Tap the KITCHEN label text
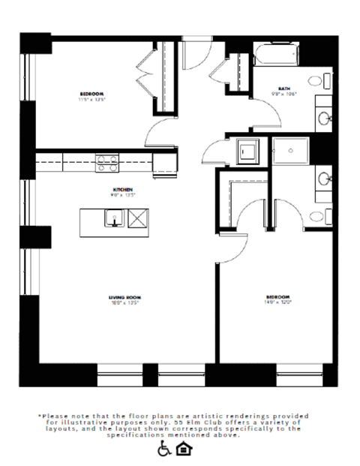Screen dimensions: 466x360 [x=123, y=189]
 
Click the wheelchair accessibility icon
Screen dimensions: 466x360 [x=164, y=449]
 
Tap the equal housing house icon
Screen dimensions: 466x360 [x=184, y=449]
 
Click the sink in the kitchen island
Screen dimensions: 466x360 [x=115, y=219]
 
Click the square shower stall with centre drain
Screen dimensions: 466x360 [x=290, y=151]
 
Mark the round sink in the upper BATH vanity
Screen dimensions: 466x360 [x=325, y=119]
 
